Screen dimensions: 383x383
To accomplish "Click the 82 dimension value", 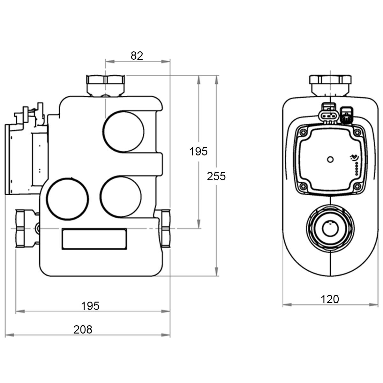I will coord(137,56).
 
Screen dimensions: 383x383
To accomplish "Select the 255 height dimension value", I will coord(216,176).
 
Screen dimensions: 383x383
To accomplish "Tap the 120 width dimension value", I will coord(330,299).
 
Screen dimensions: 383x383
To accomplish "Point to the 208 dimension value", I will coord(83,329).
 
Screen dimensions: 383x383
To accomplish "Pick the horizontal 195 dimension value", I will coord(90,306).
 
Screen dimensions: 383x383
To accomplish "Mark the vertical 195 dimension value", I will coord(198,152).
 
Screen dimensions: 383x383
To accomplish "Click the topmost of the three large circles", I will coord(124,131).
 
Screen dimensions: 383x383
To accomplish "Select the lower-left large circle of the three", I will coord(68,199).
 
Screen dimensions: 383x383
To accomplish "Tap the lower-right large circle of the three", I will coord(121,197).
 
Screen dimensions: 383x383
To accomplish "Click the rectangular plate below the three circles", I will coord(94,239).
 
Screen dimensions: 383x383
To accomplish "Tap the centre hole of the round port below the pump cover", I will coord(330,228).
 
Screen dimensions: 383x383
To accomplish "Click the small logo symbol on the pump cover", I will coord(354,157).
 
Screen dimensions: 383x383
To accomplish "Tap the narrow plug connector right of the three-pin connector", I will coord(346,116).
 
